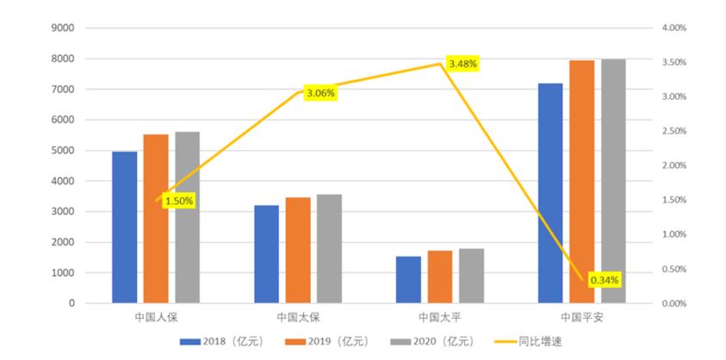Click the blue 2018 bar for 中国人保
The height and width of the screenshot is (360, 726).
(124, 227)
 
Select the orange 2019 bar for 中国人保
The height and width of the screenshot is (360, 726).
(156, 219)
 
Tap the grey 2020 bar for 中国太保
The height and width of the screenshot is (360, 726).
(329, 249)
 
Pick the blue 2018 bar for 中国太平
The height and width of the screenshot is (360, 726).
(408, 280)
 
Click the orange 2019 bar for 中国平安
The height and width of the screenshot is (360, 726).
(582, 182)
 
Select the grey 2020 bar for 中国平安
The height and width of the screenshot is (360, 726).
(613, 181)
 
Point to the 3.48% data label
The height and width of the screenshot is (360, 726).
(462, 64)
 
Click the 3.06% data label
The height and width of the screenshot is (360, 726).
(320, 93)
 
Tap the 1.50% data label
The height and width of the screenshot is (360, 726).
(179, 201)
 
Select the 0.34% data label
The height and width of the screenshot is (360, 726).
(605, 280)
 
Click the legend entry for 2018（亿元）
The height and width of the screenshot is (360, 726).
(218, 342)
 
